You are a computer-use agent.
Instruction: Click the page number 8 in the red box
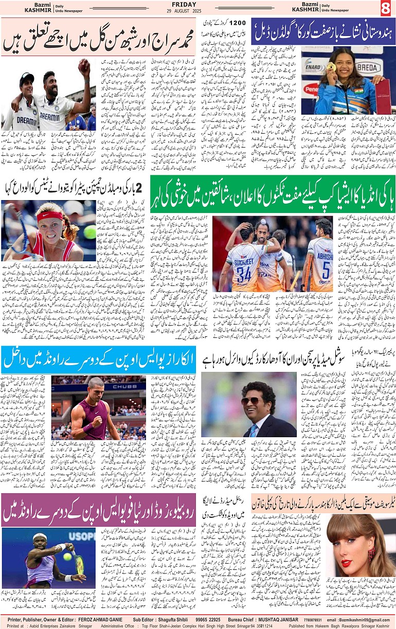tap(385, 8)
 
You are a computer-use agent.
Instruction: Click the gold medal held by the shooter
tap(332, 67)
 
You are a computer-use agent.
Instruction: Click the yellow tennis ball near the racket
tap(67, 556)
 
